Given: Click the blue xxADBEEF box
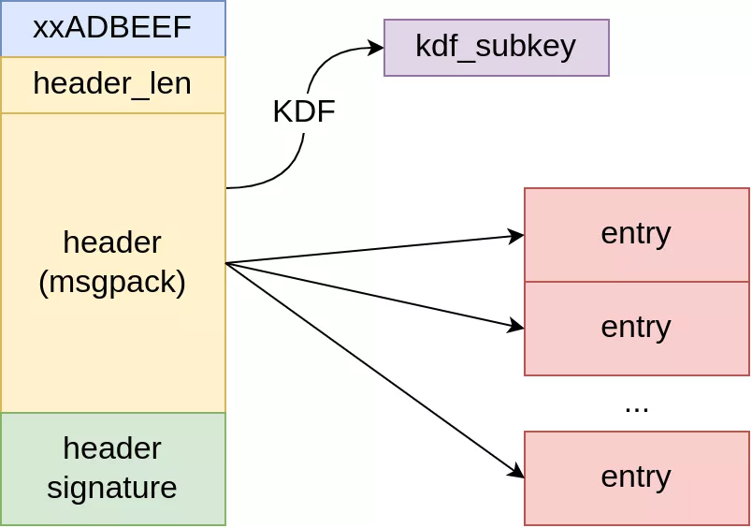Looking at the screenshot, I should click(x=112, y=28).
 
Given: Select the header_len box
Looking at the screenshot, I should click(x=112, y=84).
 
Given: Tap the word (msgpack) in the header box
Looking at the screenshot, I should click(x=112, y=282).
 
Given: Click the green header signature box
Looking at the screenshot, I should click(x=112, y=468).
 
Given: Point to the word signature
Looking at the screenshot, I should click(x=112, y=488).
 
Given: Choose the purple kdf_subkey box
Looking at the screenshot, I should click(x=496, y=47).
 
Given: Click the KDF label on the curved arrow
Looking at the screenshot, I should click(x=303, y=111).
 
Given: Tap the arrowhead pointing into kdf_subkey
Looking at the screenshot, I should click(x=377, y=48).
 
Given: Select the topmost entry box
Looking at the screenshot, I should click(x=636, y=234).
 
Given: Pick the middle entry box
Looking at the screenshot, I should click(x=636, y=328).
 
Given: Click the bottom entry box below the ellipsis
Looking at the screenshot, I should click(x=636, y=477).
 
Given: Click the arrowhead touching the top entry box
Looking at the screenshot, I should click(x=516, y=236).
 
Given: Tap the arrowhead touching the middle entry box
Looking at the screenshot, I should click(x=516, y=326).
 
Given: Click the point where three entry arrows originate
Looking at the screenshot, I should click(x=226, y=263).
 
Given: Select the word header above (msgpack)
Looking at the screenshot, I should click(x=112, y=242).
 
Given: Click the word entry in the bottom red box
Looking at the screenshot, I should click(x=636, y=477).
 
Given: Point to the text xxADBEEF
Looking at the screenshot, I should click(x=112, y=27).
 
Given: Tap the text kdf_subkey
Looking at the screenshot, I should click(x=496, y=46).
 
